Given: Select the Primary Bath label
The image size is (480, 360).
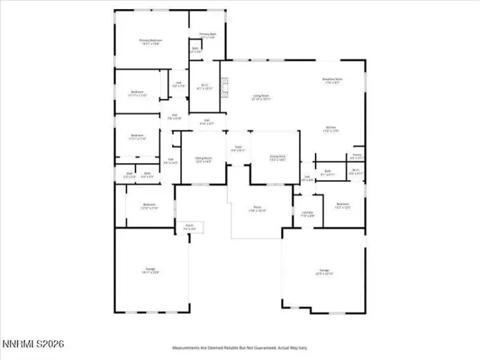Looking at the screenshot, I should [207, 35].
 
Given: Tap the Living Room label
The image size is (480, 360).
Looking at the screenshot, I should [262, 96].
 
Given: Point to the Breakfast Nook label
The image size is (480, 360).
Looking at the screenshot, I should [332, 80].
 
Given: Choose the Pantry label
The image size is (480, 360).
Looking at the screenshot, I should [357, 155].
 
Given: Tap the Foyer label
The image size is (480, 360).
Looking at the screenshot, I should [238, 147].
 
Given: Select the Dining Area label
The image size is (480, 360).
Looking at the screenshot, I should [278, 156].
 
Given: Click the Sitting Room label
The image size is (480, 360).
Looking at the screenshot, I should [204, 158].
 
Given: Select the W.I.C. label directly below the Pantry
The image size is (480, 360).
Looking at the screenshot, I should [356, 172].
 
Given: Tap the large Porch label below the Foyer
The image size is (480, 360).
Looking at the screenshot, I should [257, 209].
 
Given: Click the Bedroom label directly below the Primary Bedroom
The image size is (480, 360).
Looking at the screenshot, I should [137, 93].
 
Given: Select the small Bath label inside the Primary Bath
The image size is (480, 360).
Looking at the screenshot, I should [195, 49].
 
